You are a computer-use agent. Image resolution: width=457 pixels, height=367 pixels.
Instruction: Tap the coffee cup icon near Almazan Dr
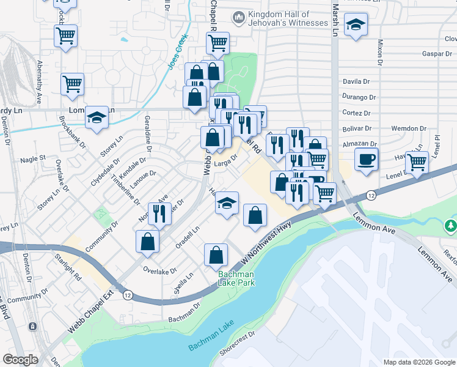pos(366,160)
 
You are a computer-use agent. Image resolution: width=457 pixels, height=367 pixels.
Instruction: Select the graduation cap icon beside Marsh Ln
pos(355,26)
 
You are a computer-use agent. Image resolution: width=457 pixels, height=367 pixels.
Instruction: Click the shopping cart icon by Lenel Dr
pos(417,163)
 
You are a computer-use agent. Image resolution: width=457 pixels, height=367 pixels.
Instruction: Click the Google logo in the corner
pos(21,360)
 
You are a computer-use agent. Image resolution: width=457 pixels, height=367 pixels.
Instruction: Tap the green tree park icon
pos(451,226)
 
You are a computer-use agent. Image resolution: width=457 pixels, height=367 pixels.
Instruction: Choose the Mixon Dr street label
pos(379,53)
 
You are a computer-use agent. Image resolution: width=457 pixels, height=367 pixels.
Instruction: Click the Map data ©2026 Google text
pos(419,362)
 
